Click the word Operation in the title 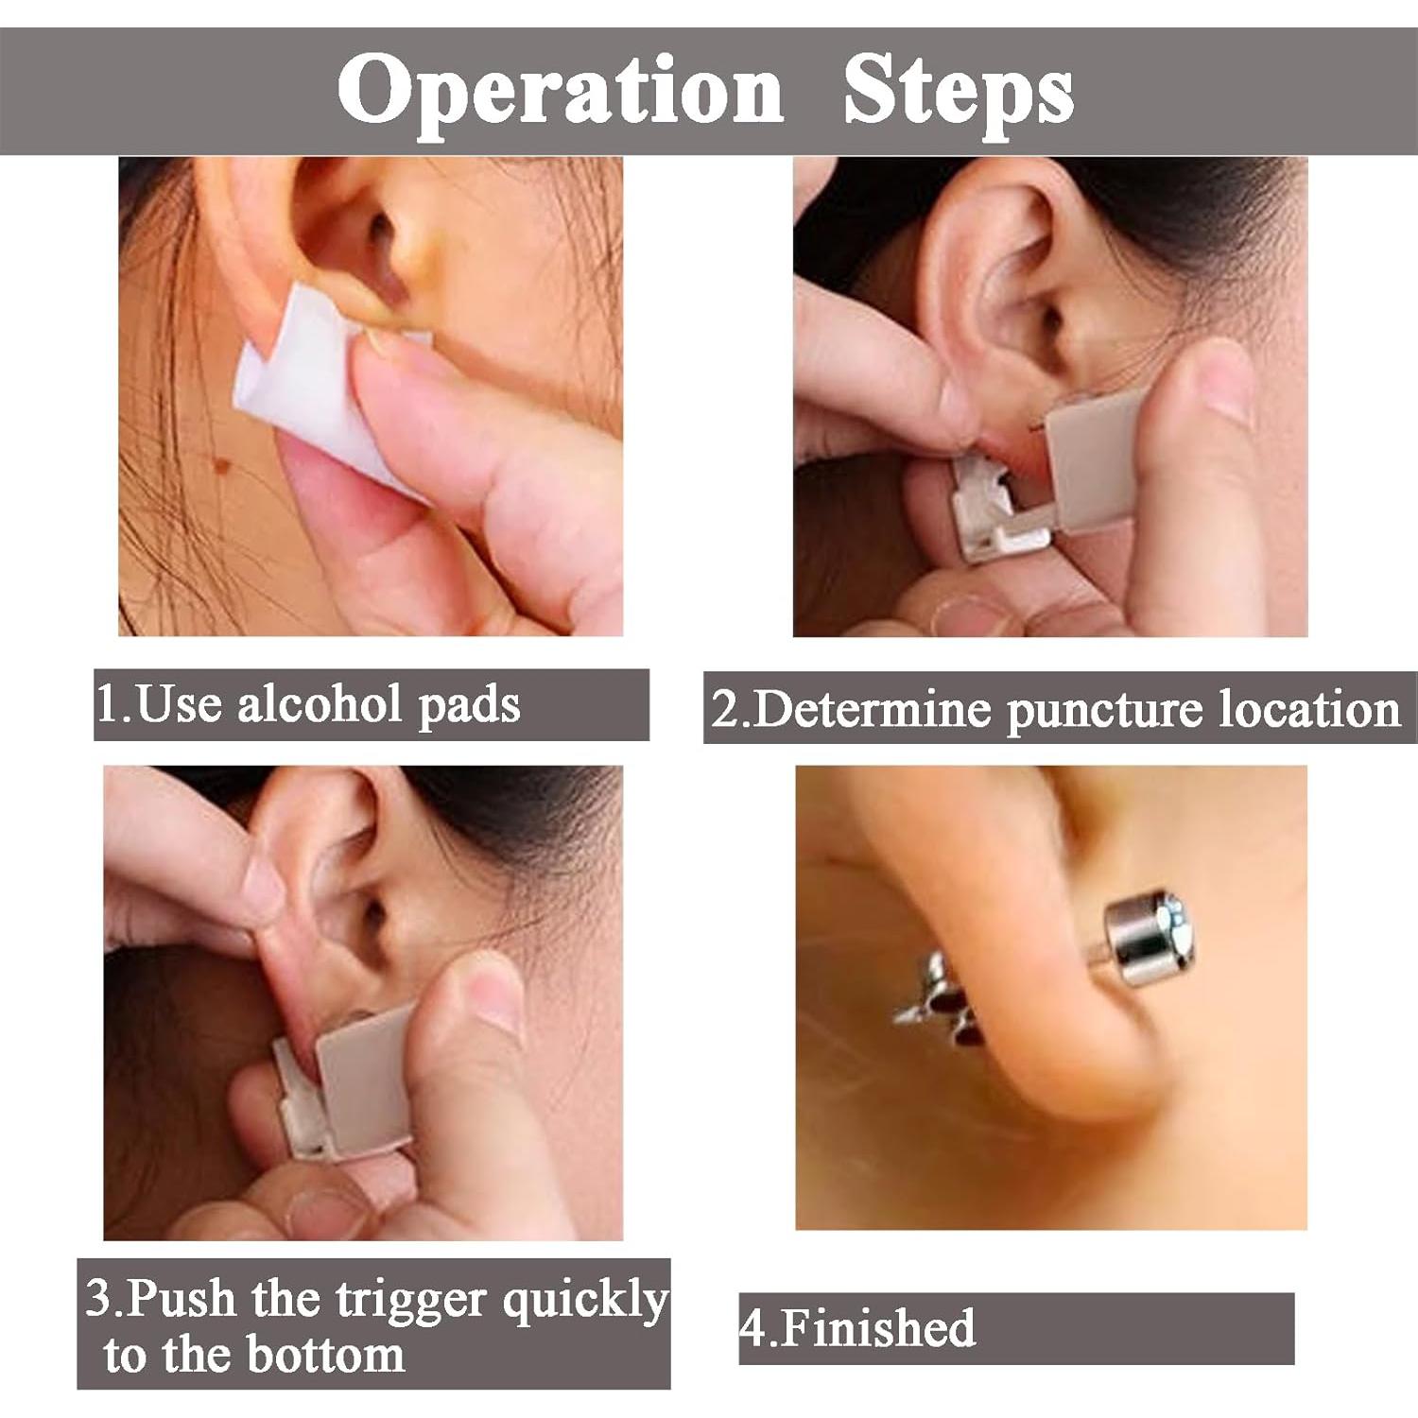pyautogui.click(x=560, y=92)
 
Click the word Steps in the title pyautogui.click(x=957, y=92)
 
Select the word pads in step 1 pyautogui.click(x=469, y=706)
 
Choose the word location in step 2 pyautogui.click(x=1309, y=709)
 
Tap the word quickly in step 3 pyautogui.click(x=584, y=1301)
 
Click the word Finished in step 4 pyautogui.click(x=878, y=1328)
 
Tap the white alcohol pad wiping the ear pyautogui.click(x=312, y=388)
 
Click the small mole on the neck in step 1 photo pyautogui.click(x=224, y=464)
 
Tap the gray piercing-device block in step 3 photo pyautogui.click(x=364, y=1078)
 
